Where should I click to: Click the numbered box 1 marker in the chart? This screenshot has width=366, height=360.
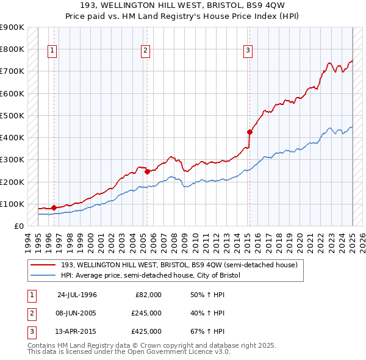point(52,51)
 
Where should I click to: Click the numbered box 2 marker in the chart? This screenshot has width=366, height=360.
point(146,51)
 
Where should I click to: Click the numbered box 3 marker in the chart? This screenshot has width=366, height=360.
point(248,51)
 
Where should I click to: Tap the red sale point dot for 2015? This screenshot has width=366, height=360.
point(249,131)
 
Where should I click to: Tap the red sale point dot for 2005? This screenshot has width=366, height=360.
point(147,171)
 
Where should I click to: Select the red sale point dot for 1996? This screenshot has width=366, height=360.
point(54,207)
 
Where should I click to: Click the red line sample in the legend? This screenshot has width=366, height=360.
point(43,265)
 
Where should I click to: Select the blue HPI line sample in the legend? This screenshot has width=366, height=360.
point(43,275)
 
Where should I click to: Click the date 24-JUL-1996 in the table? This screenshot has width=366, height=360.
point(77,295)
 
